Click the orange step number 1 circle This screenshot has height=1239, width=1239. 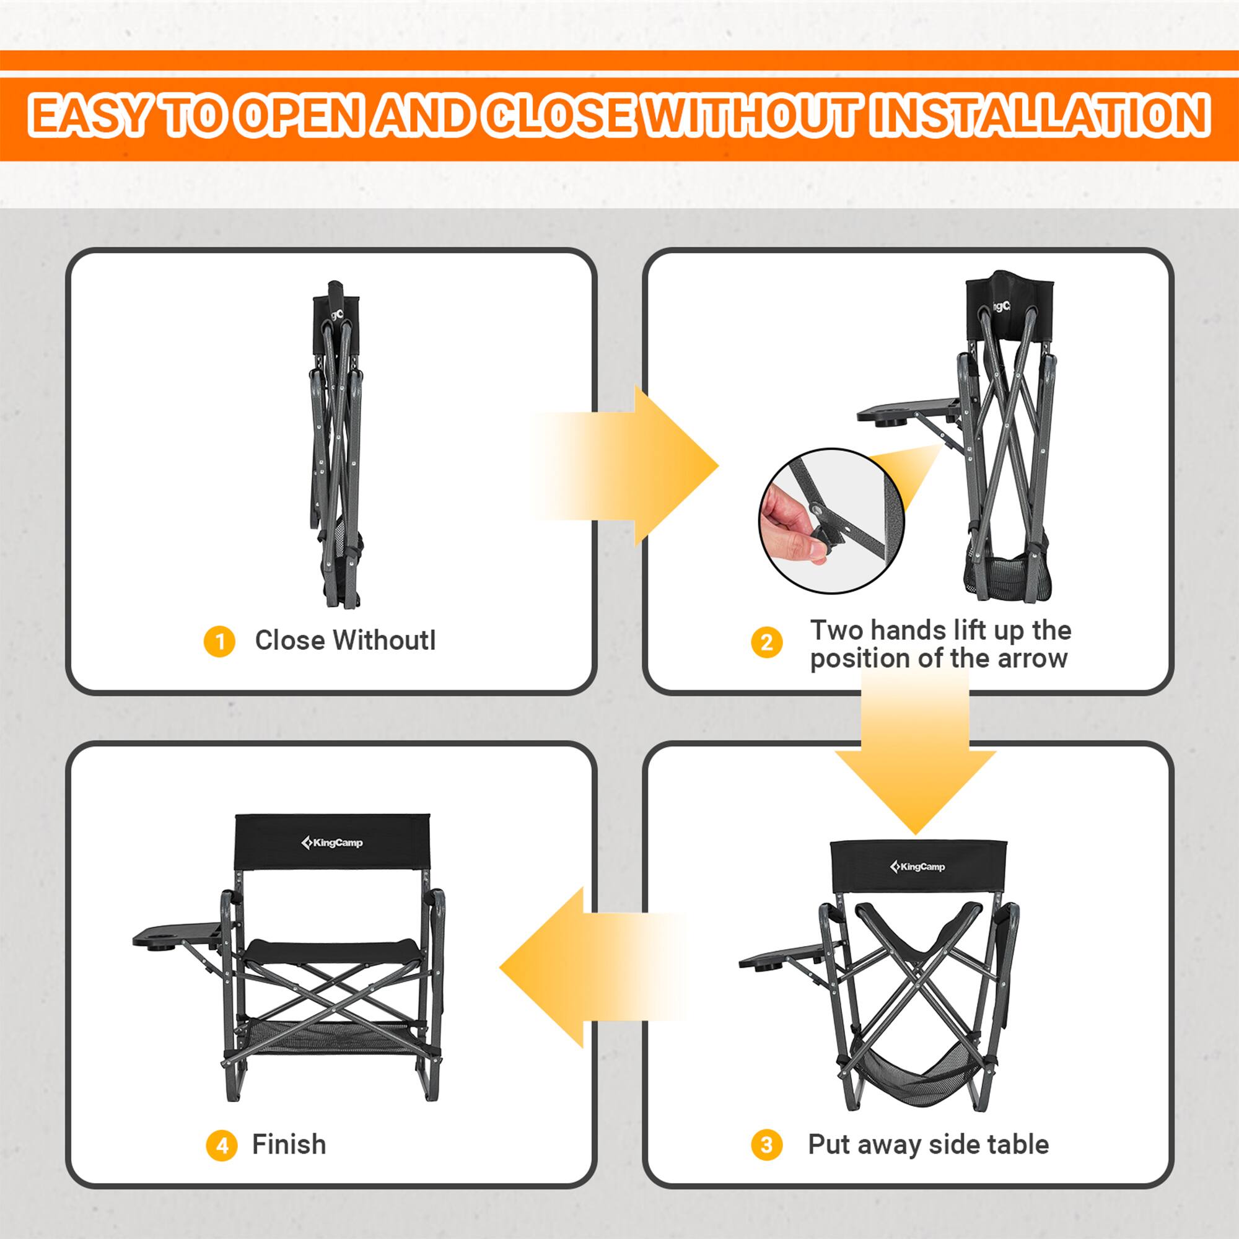[219, 641]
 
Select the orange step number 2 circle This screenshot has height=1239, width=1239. [766, 642]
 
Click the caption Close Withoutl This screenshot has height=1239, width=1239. [345, 641]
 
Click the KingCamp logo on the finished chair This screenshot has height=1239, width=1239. [331, 843]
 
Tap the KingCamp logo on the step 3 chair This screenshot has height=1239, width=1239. [917, 867]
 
